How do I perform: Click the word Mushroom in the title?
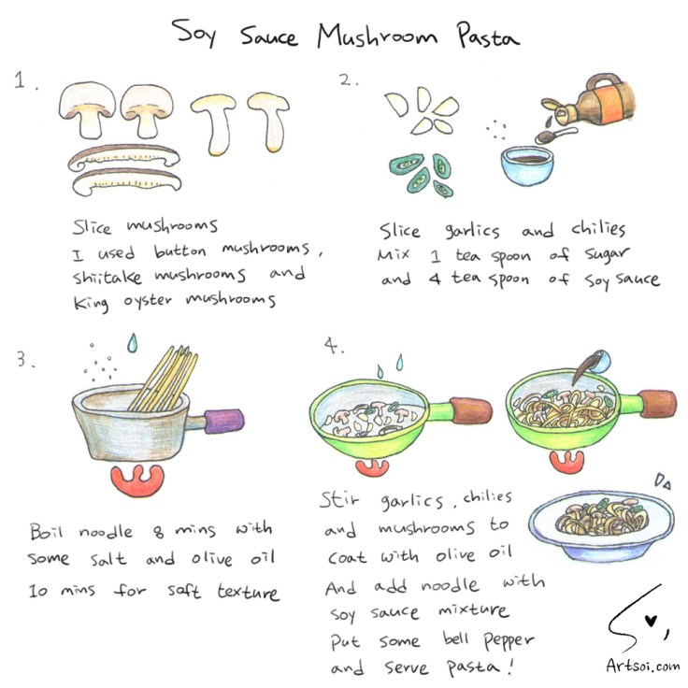(378, 36)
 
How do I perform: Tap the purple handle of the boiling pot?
(223, 421)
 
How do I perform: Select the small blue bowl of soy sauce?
(527, 165)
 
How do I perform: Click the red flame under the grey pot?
(137, 480)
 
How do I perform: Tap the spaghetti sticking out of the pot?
(165, 379)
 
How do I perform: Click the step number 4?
(334, 346)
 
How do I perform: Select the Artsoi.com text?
(642, 666)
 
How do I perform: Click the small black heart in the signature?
(652, 621)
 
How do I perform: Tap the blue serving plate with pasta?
(601, 525)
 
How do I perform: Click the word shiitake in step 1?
(107, 277)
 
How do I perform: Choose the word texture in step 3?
(248, 592)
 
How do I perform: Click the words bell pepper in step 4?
(488, 640)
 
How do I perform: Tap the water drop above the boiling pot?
(132, 343)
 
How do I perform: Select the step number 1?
(25, 80)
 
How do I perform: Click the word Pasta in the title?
(487, 36)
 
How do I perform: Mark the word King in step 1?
(91, 303)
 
